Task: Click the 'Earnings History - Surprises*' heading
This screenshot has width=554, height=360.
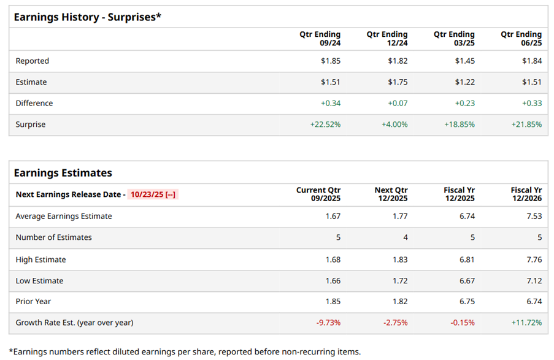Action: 87,17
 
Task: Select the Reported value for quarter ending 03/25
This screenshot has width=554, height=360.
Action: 464,61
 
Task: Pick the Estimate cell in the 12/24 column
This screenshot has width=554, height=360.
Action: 398,82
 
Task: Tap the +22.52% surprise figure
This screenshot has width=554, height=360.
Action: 325,124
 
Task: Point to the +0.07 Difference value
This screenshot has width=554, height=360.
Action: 398,103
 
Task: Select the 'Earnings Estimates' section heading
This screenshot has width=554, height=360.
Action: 63,173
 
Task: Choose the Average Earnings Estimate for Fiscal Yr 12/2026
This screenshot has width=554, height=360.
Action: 534,216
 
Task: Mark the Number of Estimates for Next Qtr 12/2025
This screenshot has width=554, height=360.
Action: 404,237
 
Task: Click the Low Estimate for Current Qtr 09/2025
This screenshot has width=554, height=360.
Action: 333,281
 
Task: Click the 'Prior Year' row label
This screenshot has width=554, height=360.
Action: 33,301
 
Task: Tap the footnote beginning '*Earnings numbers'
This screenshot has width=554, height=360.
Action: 185,351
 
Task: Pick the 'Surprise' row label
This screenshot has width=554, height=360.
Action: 31,124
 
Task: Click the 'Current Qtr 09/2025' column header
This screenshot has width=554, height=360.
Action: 318,194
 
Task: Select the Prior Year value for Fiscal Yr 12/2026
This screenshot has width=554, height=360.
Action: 534,301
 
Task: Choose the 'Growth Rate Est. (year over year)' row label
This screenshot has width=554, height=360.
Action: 74,323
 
